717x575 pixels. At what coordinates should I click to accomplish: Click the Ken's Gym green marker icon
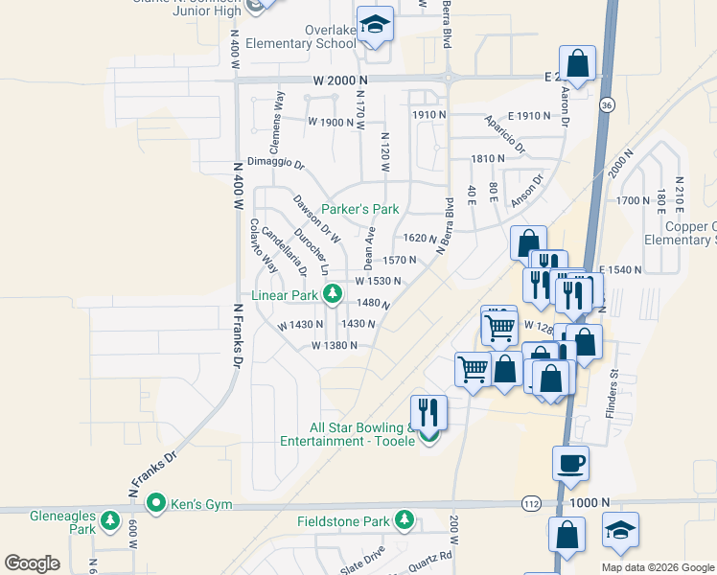(155, 502)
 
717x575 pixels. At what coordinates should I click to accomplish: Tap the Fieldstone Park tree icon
(405, 520)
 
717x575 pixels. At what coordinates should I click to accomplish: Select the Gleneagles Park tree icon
(110, 521)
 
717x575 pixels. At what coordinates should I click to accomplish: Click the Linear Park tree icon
(332, 294)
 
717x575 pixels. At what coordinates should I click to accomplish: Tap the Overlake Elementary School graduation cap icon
(376, 25)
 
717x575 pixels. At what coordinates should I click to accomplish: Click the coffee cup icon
(570, 463)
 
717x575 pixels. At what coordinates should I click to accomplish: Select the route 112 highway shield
(532, 503)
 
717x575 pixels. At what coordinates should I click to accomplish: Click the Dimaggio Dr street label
(274, 162)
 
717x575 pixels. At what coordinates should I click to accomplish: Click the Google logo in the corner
(32, 563)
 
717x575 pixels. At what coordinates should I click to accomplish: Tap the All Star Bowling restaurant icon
(428, 412)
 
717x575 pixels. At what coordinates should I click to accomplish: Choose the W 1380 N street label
(334, 345)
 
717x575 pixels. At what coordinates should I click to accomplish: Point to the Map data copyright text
(658, 567)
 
